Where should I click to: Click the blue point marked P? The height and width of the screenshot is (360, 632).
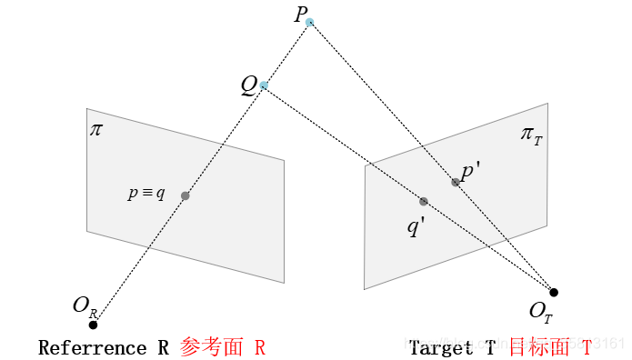pyautogui.click(x=310, y=22)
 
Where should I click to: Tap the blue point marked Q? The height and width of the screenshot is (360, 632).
pyautogui.click(x=264, y=85)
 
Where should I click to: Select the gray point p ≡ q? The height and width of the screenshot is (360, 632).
pyautogui.click(x=186, y=195)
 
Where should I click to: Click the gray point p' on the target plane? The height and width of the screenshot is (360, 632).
pyautogui.click(x=456, y=182)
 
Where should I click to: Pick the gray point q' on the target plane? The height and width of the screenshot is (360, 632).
pyautogui.click(x=424, y=201)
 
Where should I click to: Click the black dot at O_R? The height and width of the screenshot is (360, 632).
pyautogui.click(x=93, y=325)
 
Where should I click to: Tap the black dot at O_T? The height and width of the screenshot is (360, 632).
pyautogui.click(x=554, y=292)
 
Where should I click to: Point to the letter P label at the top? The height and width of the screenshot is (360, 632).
pyautogui.click(x=300, y=15)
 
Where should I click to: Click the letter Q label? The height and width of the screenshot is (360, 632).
pyautogui.click(x=248, y=85)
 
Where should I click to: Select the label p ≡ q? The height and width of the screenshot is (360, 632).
pyautogui.click(x=146, y=194)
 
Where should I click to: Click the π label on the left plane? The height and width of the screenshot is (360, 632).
pyautogui.click(x=96, y=129)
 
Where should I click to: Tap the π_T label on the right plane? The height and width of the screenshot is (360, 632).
pyautogui.click(x=531, y=135)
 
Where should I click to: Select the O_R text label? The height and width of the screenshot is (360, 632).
pyautogui.click(x=84, y=306)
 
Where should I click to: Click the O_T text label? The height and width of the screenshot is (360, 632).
pyautogui.click(x=540, y=312)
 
